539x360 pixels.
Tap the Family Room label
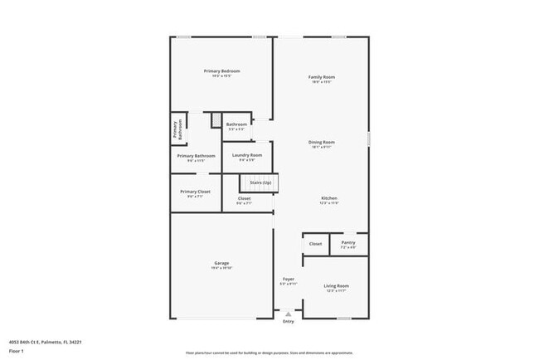point(322,77)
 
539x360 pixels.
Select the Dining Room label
point(322,142)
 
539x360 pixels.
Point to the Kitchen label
point(329,198)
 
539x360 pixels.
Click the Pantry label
point(348,243)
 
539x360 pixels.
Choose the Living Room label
point(336,285)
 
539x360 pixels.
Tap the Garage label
point(221,263)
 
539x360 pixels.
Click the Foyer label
point(289,279)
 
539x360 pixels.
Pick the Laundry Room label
point(247,155)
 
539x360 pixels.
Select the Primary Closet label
point(195,192)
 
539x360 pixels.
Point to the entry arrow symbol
point(288,314)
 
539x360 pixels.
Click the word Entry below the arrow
point(288,322)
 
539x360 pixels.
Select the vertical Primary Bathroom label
point(176,129)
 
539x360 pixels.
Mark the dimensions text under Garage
point(221,268)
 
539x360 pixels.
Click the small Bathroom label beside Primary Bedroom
point(236,124)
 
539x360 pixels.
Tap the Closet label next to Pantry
point(316,244)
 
